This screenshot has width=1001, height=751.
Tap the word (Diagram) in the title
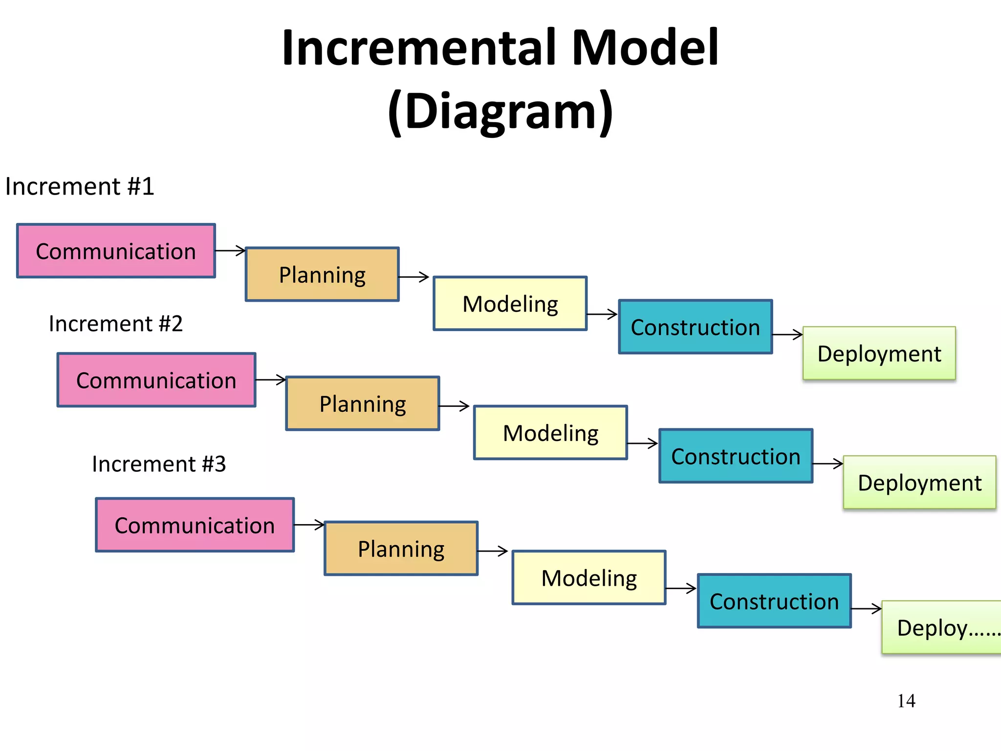click(x=500, y=111)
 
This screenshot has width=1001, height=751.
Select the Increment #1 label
click(x=80, y=186)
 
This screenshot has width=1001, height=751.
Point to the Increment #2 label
click(x=116, y=324)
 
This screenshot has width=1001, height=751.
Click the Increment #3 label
click(x=159, y=464)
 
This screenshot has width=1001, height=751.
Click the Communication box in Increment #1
click(x=116, y=251)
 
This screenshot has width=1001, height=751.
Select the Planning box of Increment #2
click(x=363, y=403)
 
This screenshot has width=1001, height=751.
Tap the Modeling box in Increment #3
click(x=589, y=578)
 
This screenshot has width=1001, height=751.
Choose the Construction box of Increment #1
click(x=696, y=327)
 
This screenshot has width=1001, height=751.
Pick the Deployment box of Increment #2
click(x=919, y=483)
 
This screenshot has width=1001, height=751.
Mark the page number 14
click(x=906, y=701)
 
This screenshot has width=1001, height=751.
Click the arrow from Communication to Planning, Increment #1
click(x=230, y=251)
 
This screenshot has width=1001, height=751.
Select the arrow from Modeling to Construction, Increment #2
click(x=643, y=443)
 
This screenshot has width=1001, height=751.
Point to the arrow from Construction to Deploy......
click(x=866, y=609)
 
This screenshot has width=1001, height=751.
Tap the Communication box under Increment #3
click(x=195, y=525)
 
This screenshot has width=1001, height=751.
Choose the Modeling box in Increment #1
click(x=510, y=304)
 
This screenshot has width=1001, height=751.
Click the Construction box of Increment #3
click(x=774, y=601)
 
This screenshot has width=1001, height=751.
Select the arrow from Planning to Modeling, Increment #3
click(x=493, y=551)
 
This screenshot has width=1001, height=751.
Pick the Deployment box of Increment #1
click(x=879, y=353)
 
